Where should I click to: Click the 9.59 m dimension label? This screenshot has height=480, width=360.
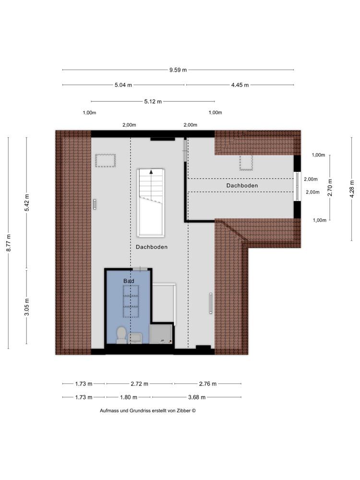(x=178, y=70)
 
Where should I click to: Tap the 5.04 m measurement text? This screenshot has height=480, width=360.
(x=123, y=85)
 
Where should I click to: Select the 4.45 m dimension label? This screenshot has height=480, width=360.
(x=240, y=85)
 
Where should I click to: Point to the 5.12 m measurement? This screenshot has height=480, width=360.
(x=153, y=101)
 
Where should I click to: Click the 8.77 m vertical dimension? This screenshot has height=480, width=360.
(x=9, y=243)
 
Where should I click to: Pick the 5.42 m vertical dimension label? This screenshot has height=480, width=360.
(x=27, y=203)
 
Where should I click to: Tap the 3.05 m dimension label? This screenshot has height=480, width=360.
(x=27, y=307)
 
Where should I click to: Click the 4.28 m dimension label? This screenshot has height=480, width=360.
(x=352, y=189)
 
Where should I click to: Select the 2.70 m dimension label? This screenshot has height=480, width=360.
(x=330, y=187)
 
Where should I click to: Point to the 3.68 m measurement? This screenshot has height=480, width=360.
(x=196, y=397)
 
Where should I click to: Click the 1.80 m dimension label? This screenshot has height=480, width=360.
(x=128, y=397)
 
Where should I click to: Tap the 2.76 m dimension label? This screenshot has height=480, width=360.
(x=207, y=384)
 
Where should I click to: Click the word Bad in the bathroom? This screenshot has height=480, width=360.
(x=129, y=281)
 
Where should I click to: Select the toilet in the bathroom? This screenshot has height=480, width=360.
(x=121, y=335)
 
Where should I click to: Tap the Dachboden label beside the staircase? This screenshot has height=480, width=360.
(x=152, y=247)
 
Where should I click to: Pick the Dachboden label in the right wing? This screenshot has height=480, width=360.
(x=242, y=185)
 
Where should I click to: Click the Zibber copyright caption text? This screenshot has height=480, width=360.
(x=147, y=410)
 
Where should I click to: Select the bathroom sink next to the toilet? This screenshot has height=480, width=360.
(x=135, y=338)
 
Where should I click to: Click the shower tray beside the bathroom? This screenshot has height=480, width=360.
(x=161, y=334)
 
